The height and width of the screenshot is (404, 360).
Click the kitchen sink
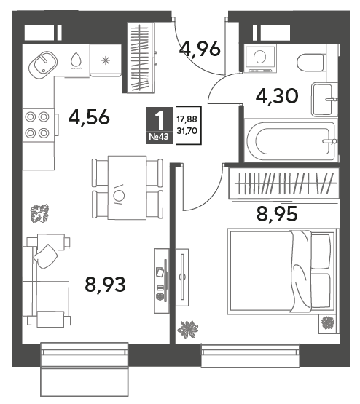click(42, 64)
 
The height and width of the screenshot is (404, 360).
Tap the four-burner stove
click(38, 125)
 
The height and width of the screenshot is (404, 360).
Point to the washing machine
click(261, 58)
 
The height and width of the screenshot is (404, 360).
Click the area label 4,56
click(89, 118)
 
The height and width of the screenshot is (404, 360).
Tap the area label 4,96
click(200, 49)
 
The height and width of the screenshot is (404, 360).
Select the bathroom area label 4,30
click(277, 96)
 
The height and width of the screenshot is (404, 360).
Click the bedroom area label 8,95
click(277, 213)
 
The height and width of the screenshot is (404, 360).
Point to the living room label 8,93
click(105, 284)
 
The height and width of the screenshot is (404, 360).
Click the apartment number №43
click(159, 137)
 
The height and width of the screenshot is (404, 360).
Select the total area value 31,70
click(187, 131)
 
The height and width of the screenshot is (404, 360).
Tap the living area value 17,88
click(187, 119)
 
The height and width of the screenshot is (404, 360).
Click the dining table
click(127, 188)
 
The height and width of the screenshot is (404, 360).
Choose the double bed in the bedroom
click(282, 272)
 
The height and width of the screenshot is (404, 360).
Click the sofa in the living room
click(47, 280)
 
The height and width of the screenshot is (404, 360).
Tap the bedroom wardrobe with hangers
click(284, 183)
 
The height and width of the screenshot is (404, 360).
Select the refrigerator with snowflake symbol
click(106, 60)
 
